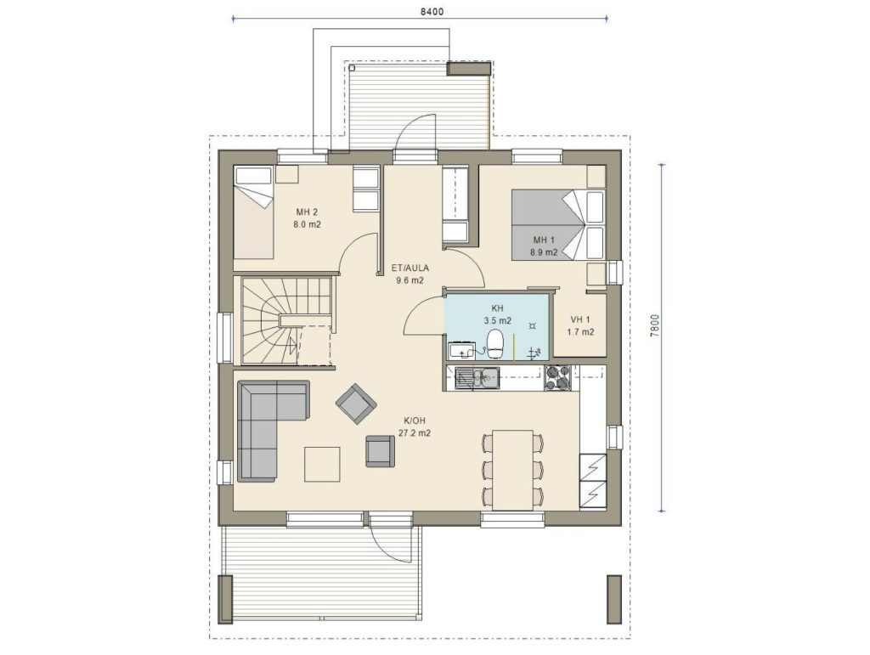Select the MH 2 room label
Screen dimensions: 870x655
tap(307, 212)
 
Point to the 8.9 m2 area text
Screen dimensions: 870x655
tap(544, 252)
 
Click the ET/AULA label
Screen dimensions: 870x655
tap(410, 268)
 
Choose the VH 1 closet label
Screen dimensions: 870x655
tap(580, 319)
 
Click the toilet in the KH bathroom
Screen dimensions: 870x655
tap(494, 344)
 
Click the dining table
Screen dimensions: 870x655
tap(512, 469)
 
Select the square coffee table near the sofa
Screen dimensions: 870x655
tap(322, 464)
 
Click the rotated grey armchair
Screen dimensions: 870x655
tap(356, 404)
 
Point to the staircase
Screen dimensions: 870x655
tap(287, 321)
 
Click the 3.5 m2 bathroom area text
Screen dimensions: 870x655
tap(497, 320)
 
